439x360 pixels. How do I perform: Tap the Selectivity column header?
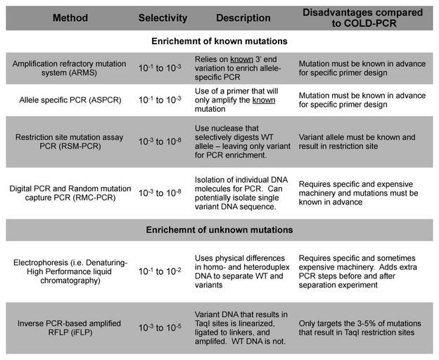tap(163, 17)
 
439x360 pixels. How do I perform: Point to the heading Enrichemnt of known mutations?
tap(220, 41)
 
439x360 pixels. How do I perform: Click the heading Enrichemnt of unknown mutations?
tap(220, 230)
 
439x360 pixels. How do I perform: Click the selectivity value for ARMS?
tap(163, 70)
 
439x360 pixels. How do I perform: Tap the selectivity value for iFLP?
tap(163, 328)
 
